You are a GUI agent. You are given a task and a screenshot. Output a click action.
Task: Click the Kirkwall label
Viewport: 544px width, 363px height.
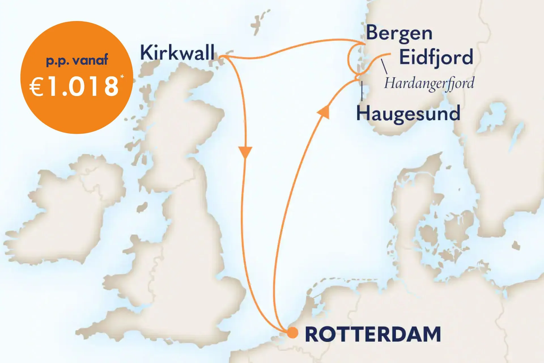pos(177,53)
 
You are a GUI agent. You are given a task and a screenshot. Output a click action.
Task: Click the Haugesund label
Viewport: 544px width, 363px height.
pos(408,113)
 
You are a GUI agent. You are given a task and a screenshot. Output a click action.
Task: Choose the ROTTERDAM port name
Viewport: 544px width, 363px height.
pos(373,335)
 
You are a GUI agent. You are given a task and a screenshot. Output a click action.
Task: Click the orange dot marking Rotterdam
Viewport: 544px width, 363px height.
pos(292,333)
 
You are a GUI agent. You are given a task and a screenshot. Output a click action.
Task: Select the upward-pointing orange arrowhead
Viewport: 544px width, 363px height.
pos(324,112)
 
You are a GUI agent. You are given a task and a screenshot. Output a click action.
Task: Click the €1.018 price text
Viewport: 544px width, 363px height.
pos(74,86)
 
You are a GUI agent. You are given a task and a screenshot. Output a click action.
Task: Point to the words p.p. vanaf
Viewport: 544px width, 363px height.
pos(77,60)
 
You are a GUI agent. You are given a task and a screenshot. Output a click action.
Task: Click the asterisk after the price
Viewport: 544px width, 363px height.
pos(122,77)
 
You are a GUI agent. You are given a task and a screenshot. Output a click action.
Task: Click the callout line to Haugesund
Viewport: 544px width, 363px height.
pos(362,91)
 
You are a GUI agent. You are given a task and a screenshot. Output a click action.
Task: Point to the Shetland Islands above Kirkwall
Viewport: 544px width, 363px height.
pos(259,21)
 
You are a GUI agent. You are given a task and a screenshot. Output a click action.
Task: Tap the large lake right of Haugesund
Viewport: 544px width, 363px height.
pos(492,116)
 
